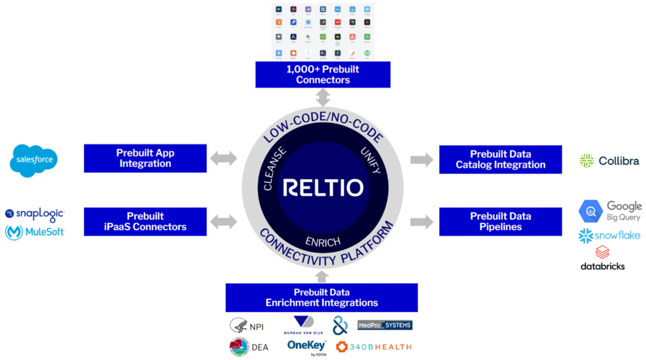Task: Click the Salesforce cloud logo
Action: [34, 160]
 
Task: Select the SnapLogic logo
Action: [35, 214]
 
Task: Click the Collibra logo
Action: [609, 161]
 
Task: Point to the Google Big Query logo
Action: [610, 211]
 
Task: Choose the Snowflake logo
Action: [609, 236]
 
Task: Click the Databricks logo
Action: [602, 259]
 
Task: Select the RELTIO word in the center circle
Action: [322, 188]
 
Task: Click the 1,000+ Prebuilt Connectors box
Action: [322, 74]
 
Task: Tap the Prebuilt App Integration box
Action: [145, 158]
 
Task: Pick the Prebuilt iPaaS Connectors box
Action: [145, 221]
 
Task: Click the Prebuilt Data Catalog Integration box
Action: [500, 160]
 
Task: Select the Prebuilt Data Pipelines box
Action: [500, 221]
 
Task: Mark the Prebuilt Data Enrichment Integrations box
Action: [322, 298]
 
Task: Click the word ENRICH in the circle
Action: [322, 242]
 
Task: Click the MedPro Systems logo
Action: [384, 325]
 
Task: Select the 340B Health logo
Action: [373, 346]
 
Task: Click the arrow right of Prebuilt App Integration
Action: [223, 158]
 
